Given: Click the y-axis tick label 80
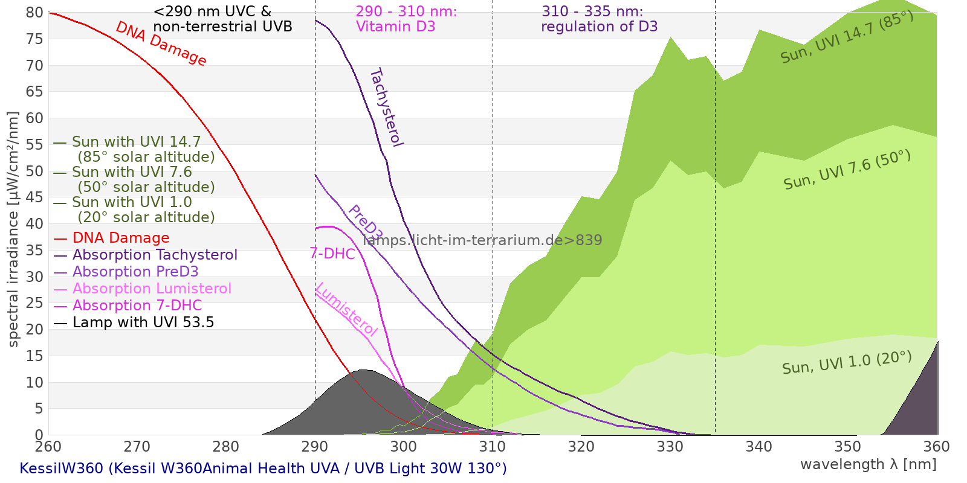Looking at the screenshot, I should (35, 13).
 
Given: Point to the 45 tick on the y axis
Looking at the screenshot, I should (35, 197).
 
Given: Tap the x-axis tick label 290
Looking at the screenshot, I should (314, 447).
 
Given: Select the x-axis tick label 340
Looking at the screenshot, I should (758, 447).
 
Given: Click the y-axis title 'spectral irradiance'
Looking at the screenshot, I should (13, 229).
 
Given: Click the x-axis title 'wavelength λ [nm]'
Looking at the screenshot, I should (868, 464).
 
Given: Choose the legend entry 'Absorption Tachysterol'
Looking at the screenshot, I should (155, 255).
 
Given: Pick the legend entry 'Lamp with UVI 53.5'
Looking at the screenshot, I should (143, 322).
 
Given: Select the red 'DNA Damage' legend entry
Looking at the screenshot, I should (121, 238).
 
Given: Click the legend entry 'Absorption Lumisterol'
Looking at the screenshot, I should (152, 289).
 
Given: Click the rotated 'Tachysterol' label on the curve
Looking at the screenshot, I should (386, 107).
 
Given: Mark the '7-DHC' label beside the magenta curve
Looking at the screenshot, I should (332, 254).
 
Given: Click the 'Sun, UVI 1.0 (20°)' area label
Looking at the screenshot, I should (847, 363).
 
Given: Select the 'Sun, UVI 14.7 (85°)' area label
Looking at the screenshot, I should (847, 37).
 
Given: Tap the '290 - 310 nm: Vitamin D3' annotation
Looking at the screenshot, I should (406, 19).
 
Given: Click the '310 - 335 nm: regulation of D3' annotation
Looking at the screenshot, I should (599, 19).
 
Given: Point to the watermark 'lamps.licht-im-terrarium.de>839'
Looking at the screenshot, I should (482, 240).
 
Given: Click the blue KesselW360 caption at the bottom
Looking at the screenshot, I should (263, 469).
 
